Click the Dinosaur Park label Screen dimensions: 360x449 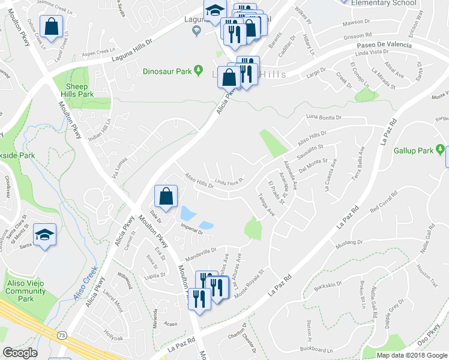pos(167,71)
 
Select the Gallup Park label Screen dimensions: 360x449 pos(414,150)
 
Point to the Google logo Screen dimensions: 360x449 pos(20,353)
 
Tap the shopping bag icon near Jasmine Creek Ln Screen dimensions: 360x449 pos(52,27)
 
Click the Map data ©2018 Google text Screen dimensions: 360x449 pos(411,355)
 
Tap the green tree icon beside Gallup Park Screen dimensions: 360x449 pos(441,149)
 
